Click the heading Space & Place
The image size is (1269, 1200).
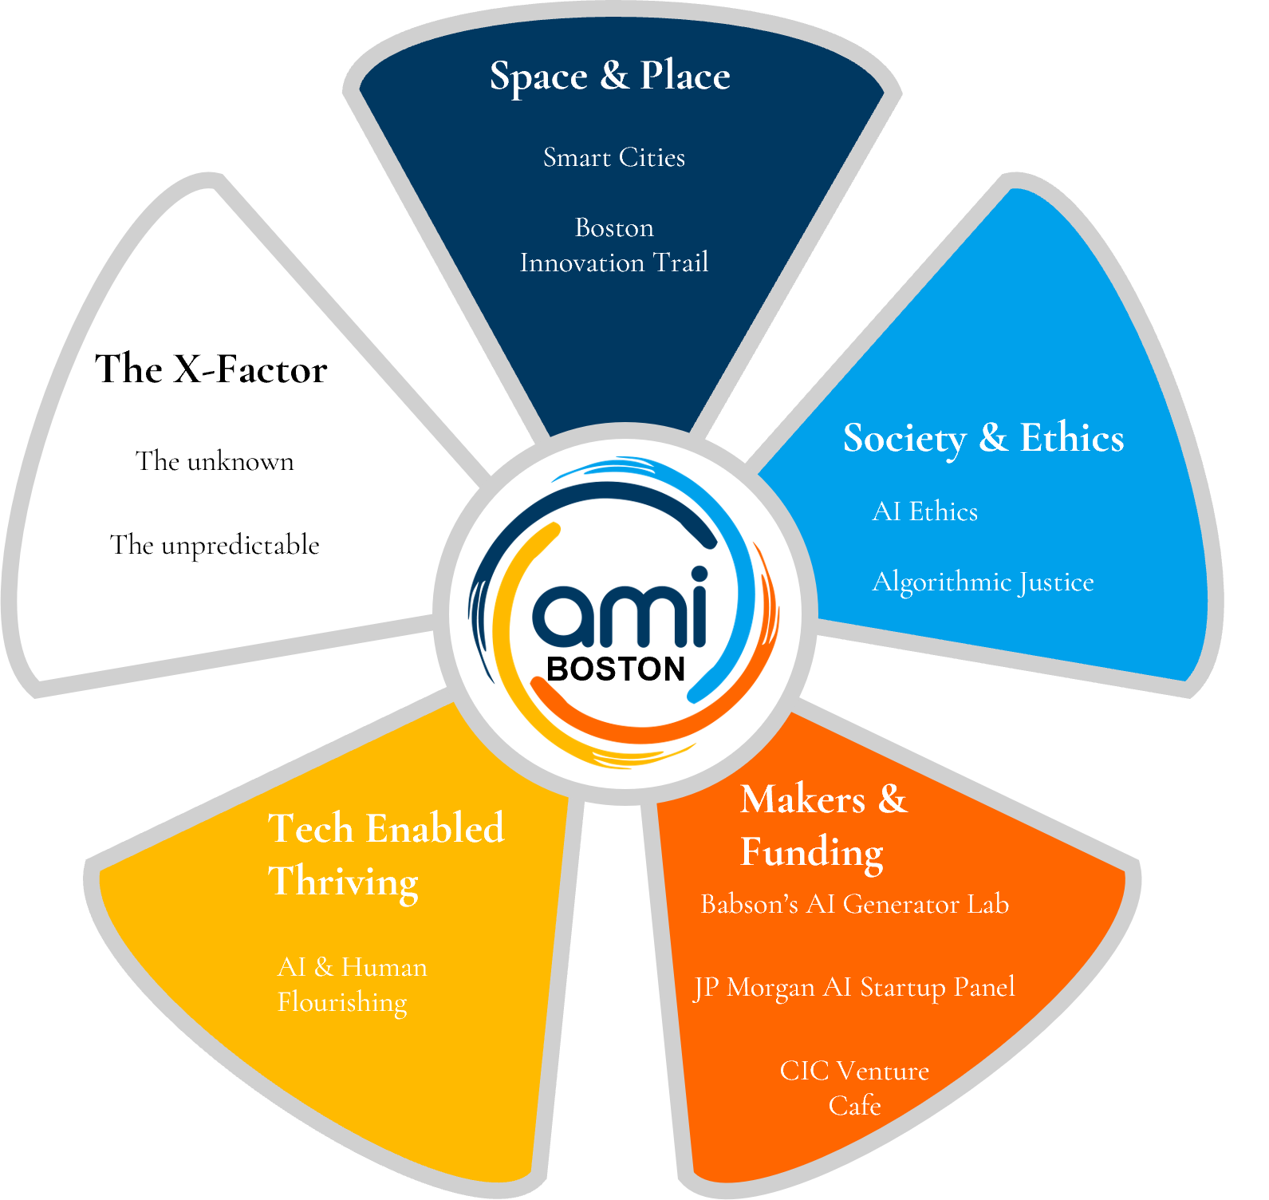pyautogui.click(x=610, y=77)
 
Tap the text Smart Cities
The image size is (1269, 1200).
pyautogui.click(x=614, y=158)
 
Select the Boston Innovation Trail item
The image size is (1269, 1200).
pyautogui.click(x=614, y=245)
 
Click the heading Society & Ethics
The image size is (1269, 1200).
pyautogui.click(x=983, y=438)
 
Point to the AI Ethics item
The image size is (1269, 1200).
pyautogui.click(x=925, y=511)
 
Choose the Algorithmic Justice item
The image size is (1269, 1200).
pyautogui.click(x=983, y=582)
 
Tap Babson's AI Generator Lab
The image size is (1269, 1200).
pyautogui.click(x=854, y=905)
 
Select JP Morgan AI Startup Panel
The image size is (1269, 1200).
pyautogui.click(x=854, y=988)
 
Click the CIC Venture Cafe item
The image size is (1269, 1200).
pyautogui.click(x=854, y=1087)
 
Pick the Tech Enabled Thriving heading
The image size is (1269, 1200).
pyautogui.click(x=386, y=855)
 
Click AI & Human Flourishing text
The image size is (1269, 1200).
pyautogui.click(x=352, y=985)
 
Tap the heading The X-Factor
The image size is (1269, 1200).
pyautogui.click(x=211, y=369)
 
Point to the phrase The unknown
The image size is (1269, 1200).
pyautogui.click(x=215, y=462)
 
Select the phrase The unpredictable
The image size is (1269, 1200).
pyautogui.click(x=215, y=546)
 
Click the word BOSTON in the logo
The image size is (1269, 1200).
pyautogui.click(x=616, y=669)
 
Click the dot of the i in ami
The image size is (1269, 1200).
pyautogui.click(x=699, y=575)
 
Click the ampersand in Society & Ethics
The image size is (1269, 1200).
pyautogui.click(x=993, y=437)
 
